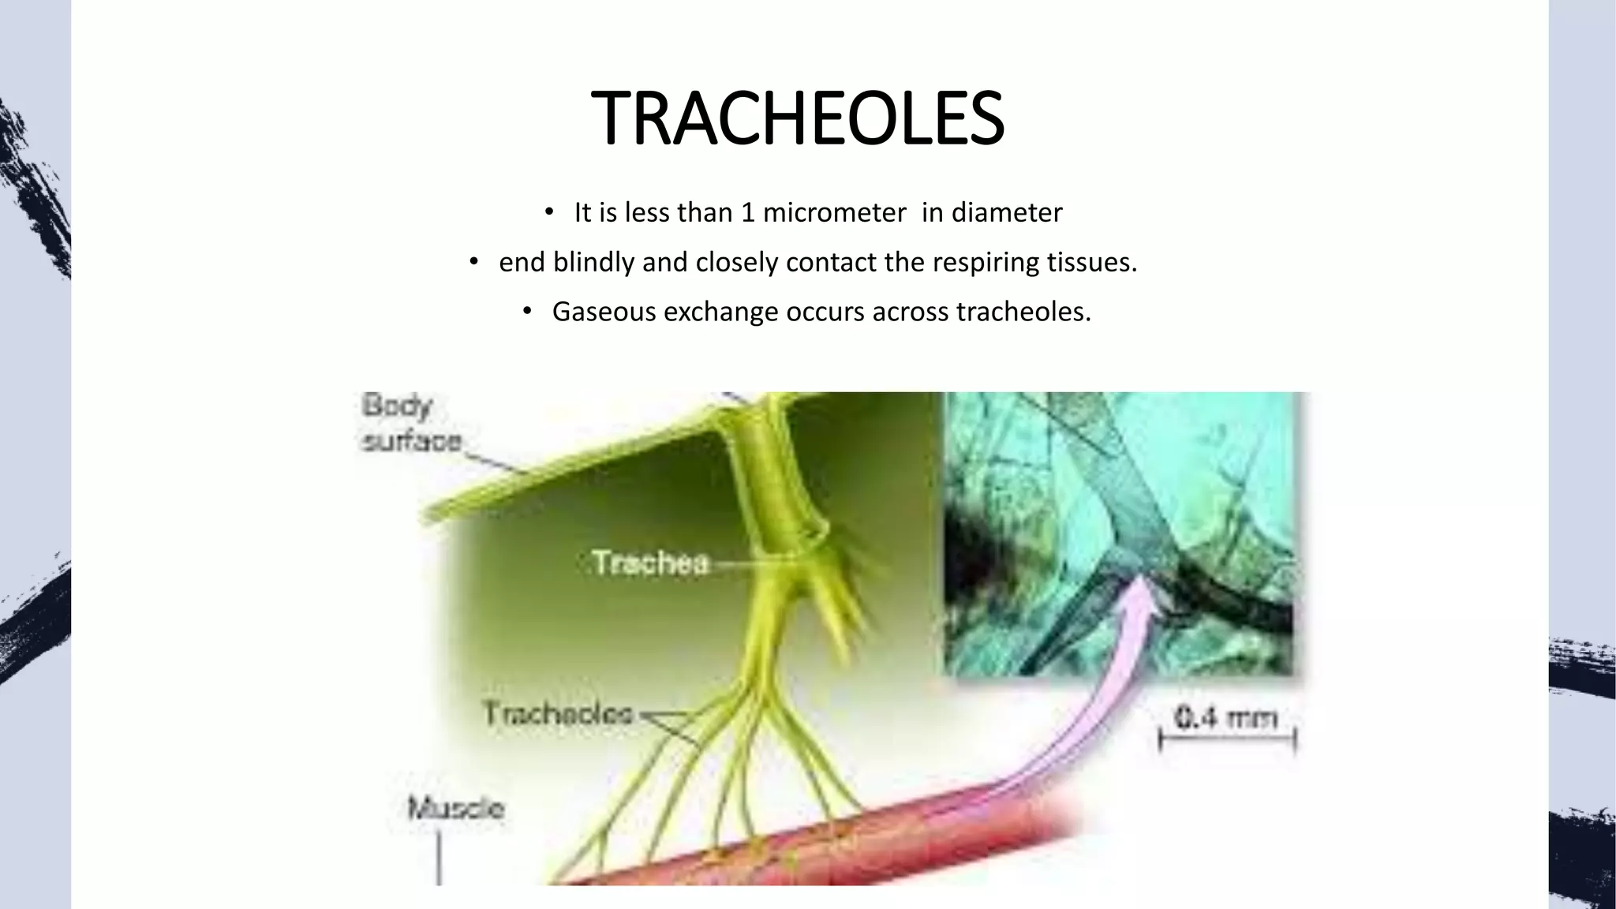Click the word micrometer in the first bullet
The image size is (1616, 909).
click(834, 213)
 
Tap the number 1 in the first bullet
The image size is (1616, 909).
click(747, 213)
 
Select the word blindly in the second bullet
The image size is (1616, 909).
click(593, 262)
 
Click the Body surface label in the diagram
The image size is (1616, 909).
click(410, 423)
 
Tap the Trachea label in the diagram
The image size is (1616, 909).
click(651, 563)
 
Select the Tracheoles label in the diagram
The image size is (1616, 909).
click(559, 714)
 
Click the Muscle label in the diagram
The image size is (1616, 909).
click(455, 809)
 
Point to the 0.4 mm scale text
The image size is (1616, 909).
click(1225, 718)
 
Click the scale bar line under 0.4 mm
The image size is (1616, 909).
click(1227, 740)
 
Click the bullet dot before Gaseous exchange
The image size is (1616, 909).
click(527, 312)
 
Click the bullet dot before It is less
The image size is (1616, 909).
click(549, 213)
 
